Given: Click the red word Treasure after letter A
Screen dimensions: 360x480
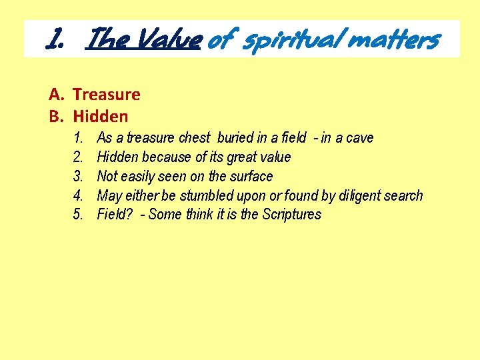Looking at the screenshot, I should pos(107,95).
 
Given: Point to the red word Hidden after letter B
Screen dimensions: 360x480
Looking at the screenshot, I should pos(101,117).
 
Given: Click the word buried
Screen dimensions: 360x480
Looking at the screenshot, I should pos(235,138).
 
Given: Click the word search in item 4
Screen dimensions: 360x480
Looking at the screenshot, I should pos(404,195).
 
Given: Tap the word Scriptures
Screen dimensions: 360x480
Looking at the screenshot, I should pos(291,215).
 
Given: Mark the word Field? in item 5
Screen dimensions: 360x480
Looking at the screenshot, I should pos(115,215).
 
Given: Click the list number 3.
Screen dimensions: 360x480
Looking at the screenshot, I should pos(78,177).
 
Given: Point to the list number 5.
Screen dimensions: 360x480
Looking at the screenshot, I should pos(78,215).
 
